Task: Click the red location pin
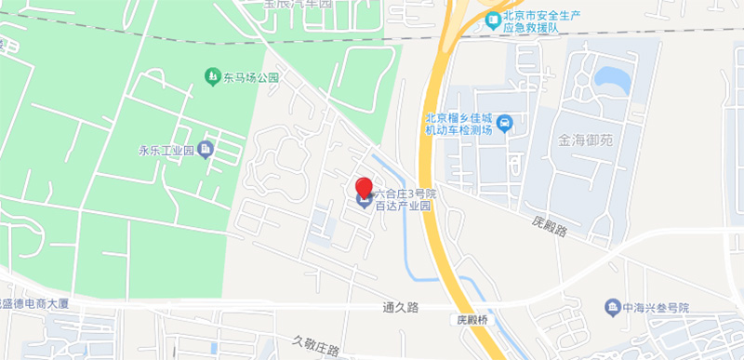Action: [x=365, y=187]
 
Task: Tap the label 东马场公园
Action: [x=250, y=78]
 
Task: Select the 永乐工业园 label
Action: [x=165, y=150]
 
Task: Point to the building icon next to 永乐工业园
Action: [x=206, y=149]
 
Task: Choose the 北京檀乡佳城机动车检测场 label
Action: [x=458, y=124]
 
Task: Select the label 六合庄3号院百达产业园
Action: [x=405, y=200]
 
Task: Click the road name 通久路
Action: [x=400, y=305]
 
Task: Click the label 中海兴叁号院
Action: [x=657, y=307]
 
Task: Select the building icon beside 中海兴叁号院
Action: [x=612, y=306]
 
